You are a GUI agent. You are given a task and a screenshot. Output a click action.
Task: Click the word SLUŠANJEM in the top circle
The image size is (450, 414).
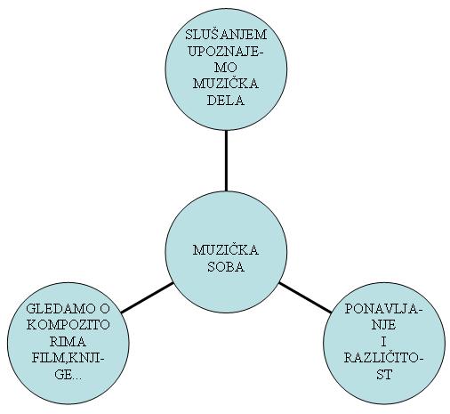226,35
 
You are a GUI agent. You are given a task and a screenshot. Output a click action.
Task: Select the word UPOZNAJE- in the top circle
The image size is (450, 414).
226,52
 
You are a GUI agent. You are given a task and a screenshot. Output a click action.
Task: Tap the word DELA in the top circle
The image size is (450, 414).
226,101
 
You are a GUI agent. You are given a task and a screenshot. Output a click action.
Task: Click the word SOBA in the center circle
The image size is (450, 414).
226,267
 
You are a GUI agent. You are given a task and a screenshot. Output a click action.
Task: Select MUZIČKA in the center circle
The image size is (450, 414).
226,249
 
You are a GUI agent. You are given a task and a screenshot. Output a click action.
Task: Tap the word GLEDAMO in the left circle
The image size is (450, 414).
60,308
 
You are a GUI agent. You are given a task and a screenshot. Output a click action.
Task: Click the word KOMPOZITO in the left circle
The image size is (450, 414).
68,325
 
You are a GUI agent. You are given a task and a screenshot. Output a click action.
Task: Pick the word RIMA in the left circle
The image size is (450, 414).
68,342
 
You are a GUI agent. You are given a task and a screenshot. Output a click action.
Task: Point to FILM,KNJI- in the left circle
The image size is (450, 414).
68,358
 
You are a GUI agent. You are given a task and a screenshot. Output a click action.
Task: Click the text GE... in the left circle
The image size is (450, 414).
68,375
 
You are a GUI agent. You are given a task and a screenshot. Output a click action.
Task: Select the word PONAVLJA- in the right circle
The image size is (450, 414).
384,309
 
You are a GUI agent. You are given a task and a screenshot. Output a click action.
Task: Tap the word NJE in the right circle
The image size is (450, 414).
384,325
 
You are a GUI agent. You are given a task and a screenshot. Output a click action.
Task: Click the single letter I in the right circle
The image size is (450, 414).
384,342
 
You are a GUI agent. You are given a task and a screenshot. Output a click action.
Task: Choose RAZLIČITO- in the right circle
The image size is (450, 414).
384,358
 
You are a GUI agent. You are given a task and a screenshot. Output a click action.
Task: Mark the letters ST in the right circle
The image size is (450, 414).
384,375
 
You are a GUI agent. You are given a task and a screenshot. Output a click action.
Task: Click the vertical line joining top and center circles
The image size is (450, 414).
226,160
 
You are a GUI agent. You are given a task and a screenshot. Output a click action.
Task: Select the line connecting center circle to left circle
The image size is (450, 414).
148,297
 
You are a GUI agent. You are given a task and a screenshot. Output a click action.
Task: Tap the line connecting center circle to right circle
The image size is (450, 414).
305,297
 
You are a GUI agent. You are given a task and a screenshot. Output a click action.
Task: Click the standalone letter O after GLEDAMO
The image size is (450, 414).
105,308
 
